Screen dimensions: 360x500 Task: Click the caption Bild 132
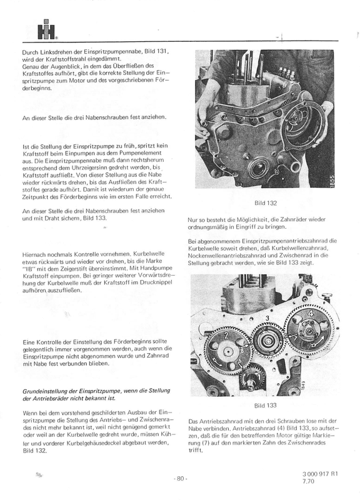265,203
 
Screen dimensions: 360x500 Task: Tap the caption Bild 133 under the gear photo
265,406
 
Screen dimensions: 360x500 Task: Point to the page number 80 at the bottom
181,478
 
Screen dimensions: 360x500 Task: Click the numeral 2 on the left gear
227,336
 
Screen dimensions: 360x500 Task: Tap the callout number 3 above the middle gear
267,318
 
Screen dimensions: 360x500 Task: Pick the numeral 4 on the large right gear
311,314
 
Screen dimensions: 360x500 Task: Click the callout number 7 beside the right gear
296,337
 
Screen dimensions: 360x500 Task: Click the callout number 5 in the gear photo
240,361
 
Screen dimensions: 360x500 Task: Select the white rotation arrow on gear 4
321,341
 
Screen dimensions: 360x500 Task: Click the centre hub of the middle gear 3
267,341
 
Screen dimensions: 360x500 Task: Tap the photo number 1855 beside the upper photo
332,181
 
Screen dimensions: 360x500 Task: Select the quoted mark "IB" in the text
27,269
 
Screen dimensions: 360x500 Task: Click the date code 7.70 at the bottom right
308,481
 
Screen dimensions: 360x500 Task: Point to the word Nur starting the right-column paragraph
192,220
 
